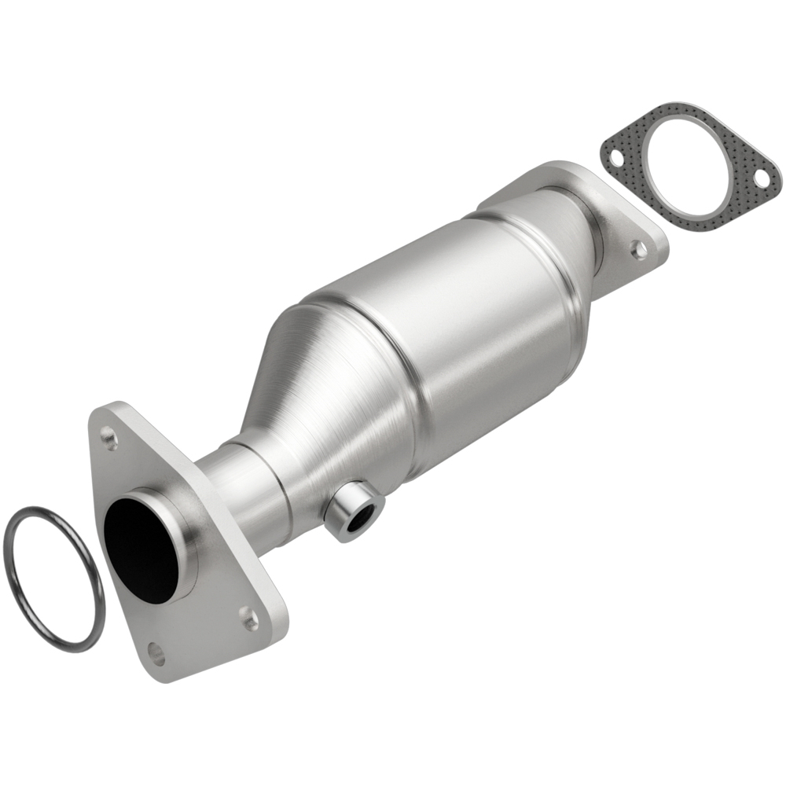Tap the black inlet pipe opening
click(141, 550)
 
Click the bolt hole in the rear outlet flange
click(640, 250)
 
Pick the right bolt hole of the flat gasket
click(761, 178)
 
